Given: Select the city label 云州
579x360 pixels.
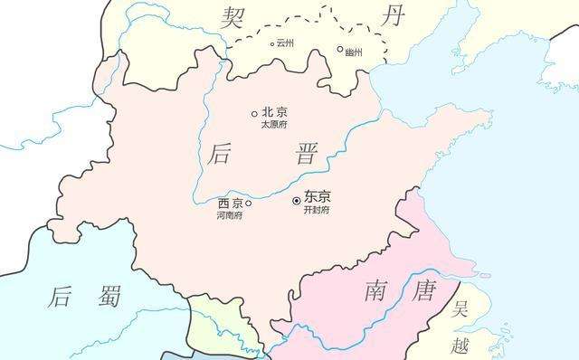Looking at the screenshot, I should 286,43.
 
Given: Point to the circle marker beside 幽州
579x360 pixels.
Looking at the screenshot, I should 340,50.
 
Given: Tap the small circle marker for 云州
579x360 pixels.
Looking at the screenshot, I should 272,43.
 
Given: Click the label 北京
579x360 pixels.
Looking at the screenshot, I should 274,112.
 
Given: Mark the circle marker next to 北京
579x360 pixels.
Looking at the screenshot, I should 254,114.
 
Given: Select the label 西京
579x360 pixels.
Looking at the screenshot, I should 231,203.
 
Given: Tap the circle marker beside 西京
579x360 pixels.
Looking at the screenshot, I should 249,204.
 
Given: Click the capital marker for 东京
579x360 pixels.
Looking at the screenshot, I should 296,201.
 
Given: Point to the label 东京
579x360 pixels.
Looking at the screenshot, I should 318,196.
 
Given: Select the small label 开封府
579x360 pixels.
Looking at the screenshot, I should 317,210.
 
